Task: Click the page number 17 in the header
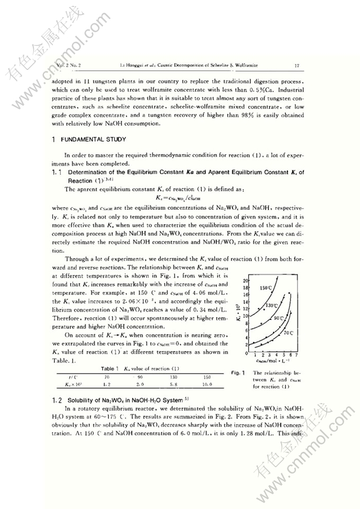click(x=298, y=65)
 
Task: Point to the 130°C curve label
click(x=272, y=306)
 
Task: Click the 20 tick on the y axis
click(x=246, y=281)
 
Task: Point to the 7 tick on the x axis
click(x=296, y=354)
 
